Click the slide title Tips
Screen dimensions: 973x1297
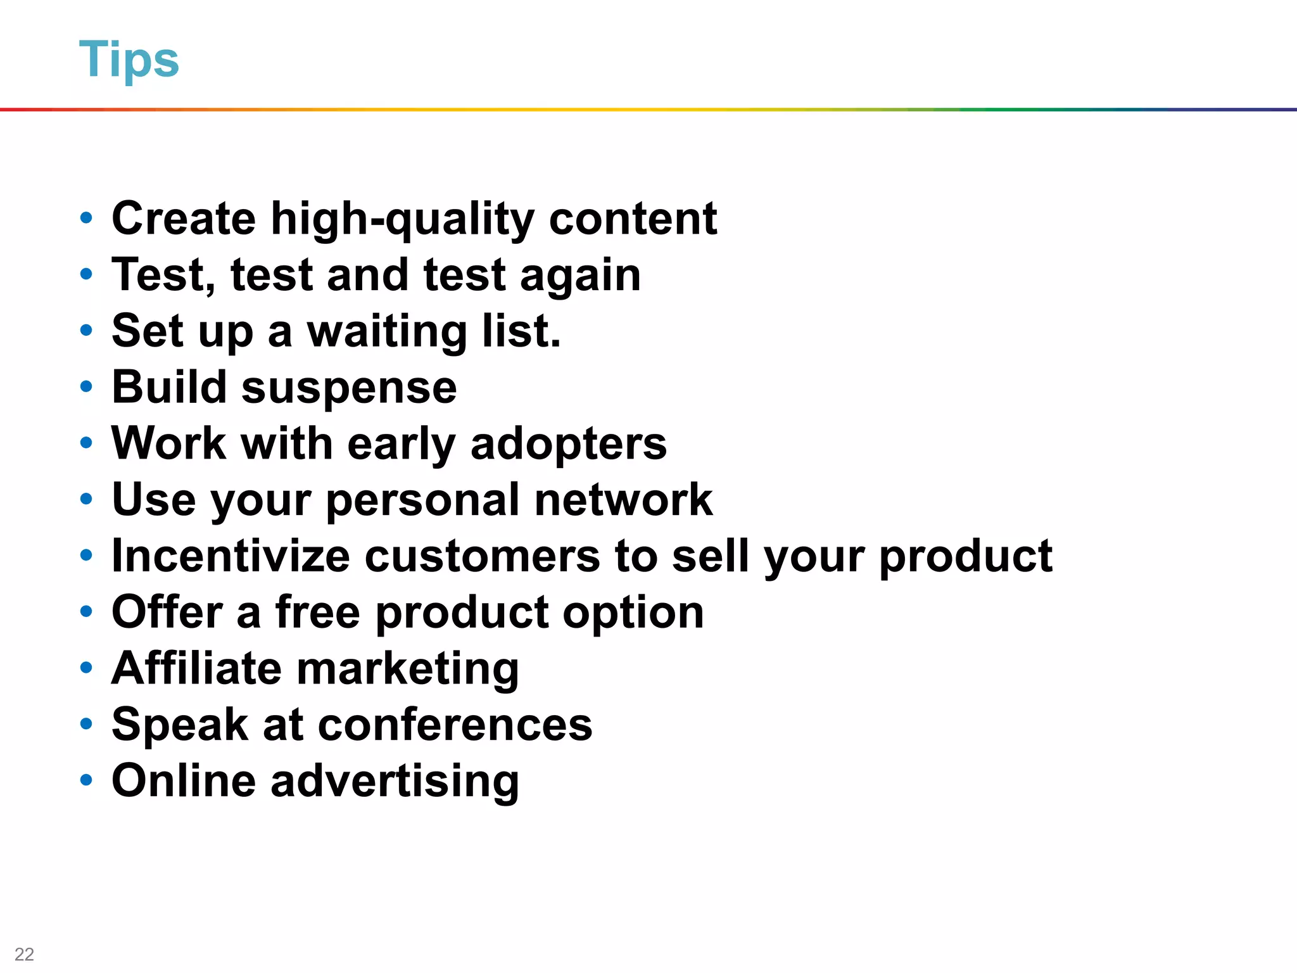pos(129,60)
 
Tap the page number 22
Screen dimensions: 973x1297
pos(24,954)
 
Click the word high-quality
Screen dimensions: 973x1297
pos(403,219)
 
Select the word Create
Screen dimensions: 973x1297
pos(184,219)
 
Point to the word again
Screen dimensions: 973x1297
pos(580,276)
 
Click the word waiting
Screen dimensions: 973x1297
pos(387,332)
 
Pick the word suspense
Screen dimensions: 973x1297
pos(349,388)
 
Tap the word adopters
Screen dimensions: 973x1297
pos(568,444)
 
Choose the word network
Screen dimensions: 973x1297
pos(623,500)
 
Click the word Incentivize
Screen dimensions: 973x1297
pos(231,556)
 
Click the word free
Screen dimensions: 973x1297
pos(318,612)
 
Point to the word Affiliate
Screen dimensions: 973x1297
pos(196,668)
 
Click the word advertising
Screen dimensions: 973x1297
pos(395,781)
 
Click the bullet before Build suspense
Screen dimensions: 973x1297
pos(86,386)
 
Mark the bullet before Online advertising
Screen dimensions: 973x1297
pos(86,780)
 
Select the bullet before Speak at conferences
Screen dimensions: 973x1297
pos(86,723)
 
